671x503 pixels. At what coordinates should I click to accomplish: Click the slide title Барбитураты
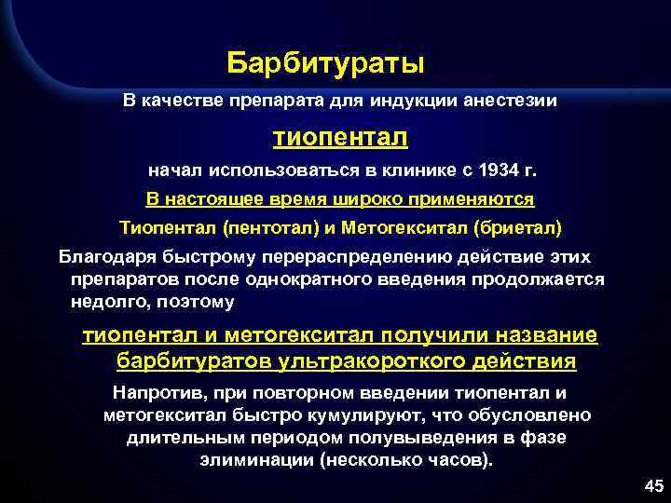coord(325,63)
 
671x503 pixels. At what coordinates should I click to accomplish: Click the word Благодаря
coord(103,255)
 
